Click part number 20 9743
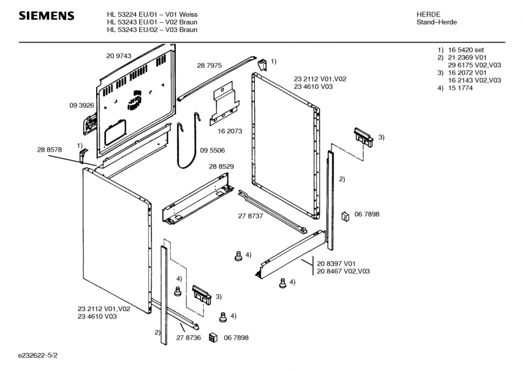[x=118, y=56]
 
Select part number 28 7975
[x=209, y=65]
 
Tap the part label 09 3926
[x=82, y=105]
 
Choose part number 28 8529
[x=221, y=168]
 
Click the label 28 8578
[x=50, y=150]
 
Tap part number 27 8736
[x=188, y=337]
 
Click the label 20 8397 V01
[x=336, y=263]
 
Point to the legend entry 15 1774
[x=460, y=88]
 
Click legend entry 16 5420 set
[x=465, y=50]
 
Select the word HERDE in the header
[x=428, y=14]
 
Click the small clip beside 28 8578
[x=82, y=155]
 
